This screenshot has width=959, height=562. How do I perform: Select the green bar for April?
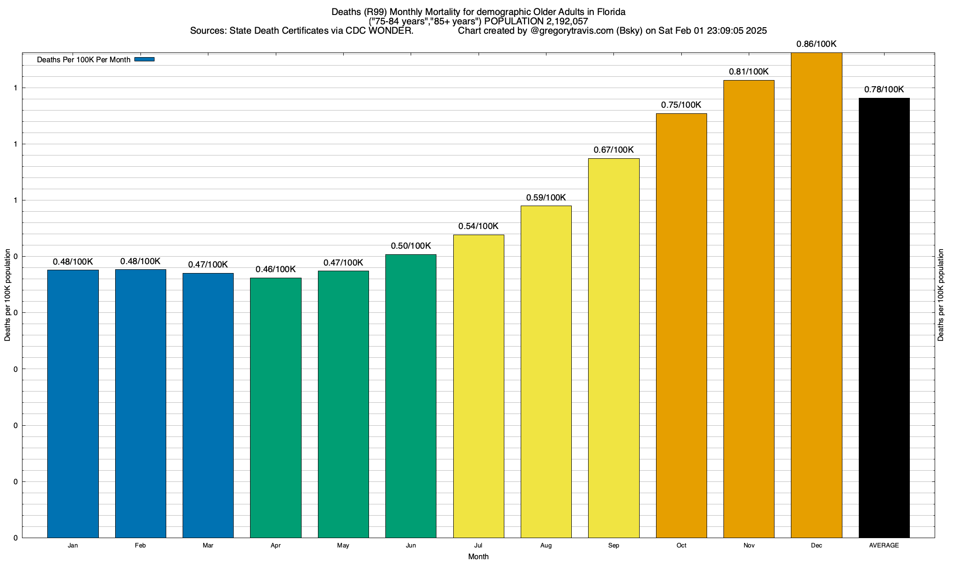pos(276,407)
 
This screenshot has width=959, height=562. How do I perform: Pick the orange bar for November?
pos(749,309)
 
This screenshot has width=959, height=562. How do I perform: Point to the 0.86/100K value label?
pos(816,44)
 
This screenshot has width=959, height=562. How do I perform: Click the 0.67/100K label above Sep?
pos(613,150)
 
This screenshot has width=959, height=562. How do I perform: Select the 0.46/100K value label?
pos(276,269)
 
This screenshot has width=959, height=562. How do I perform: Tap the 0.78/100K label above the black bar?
pos(884,89)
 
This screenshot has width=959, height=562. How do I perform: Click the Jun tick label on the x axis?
pos(411,546)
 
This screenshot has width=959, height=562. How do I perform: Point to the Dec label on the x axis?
pos(816,546)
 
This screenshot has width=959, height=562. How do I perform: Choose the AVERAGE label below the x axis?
pos(884,546)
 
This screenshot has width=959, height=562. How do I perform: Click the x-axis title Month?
pos(478,557)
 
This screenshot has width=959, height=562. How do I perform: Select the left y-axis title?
pos(7,295)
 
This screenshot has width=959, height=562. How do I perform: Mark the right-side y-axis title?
pos(941,295)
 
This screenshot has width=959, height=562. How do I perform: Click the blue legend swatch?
pos(144,59)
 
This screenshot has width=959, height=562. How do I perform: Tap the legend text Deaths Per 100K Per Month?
pos(83,60)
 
